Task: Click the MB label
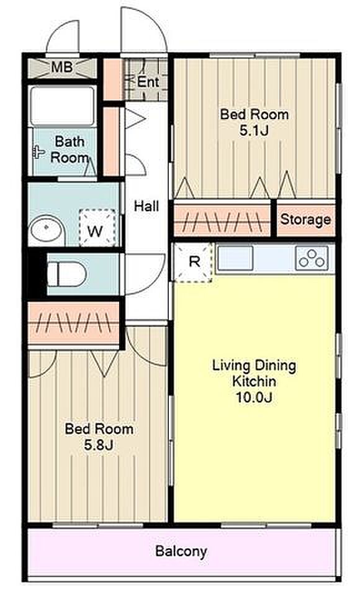pos(62,68)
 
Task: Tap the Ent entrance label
pos(148,82)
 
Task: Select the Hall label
pos(146,206)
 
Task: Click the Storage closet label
pos(305,220)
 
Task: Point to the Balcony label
pos(181,551)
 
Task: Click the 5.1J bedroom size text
pos(254,131)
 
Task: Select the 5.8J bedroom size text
pos(99,445)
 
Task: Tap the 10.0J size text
pos(254,397)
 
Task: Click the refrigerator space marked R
pos(193,262)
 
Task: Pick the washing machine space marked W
pos(97,227)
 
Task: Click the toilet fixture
pos(67,274)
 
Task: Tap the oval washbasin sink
pos(46,228)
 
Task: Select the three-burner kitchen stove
pos(312,258)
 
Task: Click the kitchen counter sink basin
pos(235,258)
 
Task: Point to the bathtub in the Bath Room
pos(62,106)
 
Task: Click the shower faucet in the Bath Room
pos(38,152)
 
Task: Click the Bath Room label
pos(70,150)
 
